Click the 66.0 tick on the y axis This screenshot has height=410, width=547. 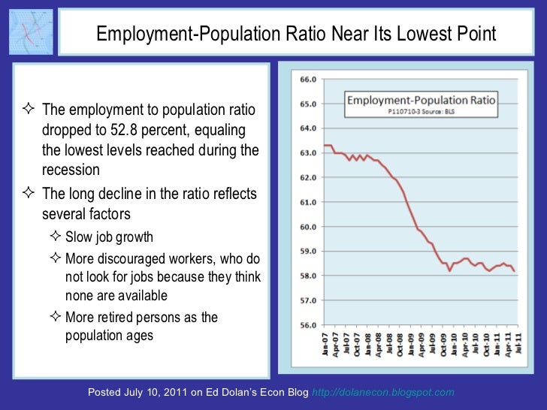click(x=308, y=79)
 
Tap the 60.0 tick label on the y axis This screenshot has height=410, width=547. click(x=308, y=227)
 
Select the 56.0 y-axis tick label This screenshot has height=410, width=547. click(x=308, y=325)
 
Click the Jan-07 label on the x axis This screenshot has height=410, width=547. click(x=325, y=346)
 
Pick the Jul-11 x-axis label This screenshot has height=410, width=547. click(x=521, y=346)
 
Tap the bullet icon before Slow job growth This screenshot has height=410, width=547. click(x=57, y=237)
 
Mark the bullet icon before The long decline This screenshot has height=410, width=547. click(x=32, y=194)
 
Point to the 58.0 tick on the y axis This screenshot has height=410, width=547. click(x=308, y=276)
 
